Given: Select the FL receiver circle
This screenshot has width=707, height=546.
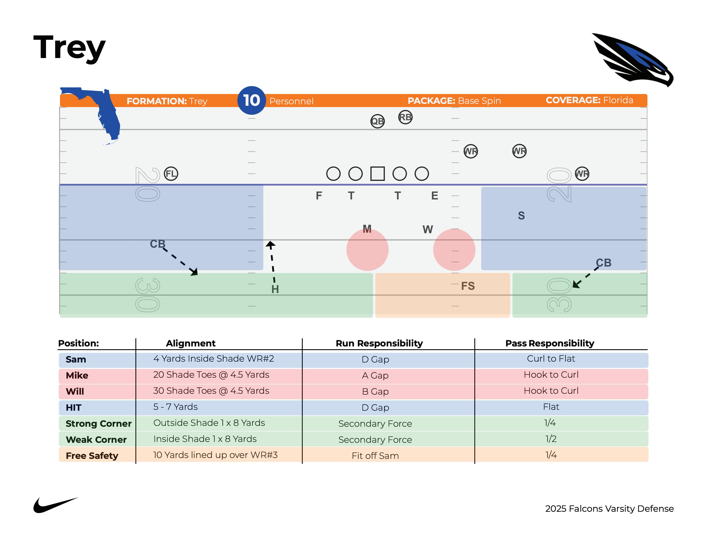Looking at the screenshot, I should (x=171, y=174).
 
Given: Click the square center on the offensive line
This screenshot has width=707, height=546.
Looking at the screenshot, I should (x=377, y=174).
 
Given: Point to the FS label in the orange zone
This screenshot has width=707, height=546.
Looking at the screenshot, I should (x=468, y=286).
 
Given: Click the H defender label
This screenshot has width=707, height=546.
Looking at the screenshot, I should (x=275, y=289).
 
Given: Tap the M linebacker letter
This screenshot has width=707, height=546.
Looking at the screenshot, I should (x=367, y=229).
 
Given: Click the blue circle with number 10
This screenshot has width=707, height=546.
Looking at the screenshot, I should (x=252, y=100).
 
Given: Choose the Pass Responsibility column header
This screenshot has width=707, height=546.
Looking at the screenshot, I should (x=550, y=343).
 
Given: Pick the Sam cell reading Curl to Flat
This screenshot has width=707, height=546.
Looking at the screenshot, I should (x=551, y=359).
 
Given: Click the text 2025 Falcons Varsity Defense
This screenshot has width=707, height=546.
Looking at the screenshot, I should (x=609, y=509).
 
